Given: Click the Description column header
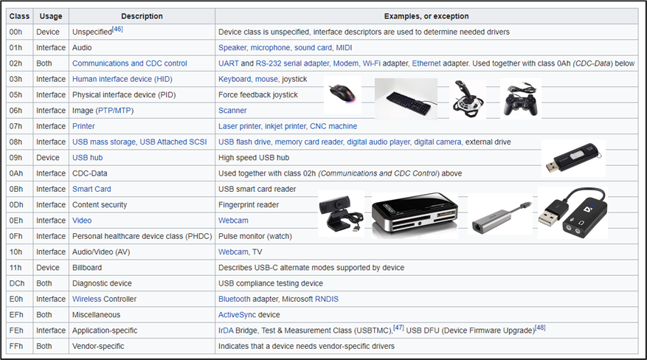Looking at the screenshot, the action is tap(142, 16).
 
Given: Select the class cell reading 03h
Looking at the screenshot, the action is tap(15, 79).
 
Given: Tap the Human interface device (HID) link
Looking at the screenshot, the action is tap(122, 79).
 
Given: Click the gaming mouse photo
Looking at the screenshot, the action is tap(342, 94).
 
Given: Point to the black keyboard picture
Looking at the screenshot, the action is tap(406, 99).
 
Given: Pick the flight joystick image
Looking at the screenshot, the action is tap(468, 99).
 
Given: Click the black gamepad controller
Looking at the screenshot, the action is tap(521, 98).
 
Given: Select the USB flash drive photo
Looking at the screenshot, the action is tap(573, 158).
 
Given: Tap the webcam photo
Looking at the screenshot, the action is tap(342, 213).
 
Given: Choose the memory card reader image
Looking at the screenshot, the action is tap(415, 215).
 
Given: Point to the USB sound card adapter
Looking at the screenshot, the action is tap(572, 212).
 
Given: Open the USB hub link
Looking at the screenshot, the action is tap(88, 158).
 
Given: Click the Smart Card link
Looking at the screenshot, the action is tap(91, 189).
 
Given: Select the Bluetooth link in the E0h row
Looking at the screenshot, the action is tap(235, 299).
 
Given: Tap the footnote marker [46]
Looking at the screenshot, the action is tap(117, 29).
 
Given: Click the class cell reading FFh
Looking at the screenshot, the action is tap(16, 346).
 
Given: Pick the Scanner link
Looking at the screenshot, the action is tap(232, 111).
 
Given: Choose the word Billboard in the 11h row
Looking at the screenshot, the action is tap(87, 268).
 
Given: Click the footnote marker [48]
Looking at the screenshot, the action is tap(540, 328).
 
